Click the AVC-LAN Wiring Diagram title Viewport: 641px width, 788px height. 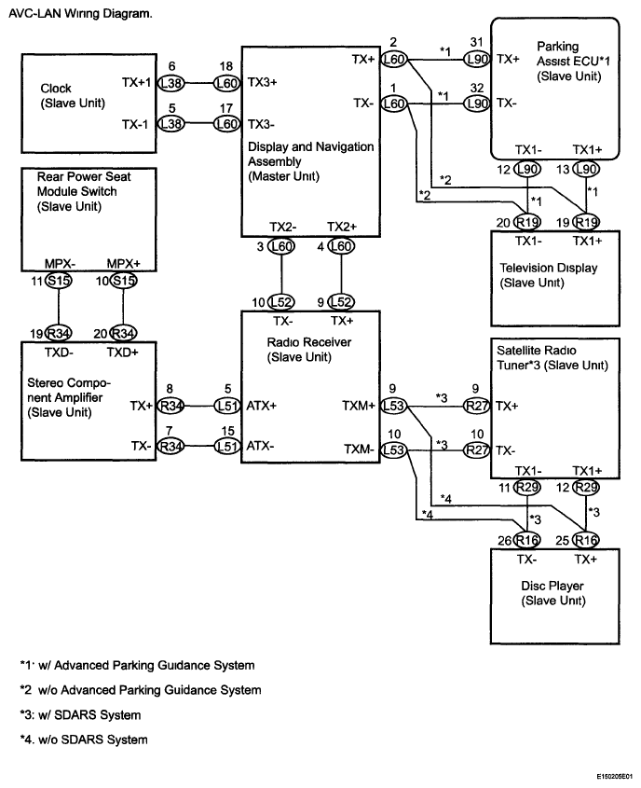point(80,14)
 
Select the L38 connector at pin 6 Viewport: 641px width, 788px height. point(171,83)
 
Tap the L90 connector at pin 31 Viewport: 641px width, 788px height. point(476,60)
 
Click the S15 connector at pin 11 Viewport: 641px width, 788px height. point(58,281)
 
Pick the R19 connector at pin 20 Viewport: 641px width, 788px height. point(527,222)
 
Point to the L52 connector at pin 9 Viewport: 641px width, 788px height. point(341,302)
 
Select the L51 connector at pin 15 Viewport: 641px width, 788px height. point(227,446)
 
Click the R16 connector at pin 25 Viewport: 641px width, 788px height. point(586,540)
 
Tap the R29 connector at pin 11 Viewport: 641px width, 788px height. point(527,487)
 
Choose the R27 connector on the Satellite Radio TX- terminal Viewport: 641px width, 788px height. point(476,449)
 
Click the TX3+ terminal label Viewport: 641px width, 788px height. point(262,82)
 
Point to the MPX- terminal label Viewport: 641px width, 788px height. point(60,264)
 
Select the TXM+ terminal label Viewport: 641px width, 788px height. point(359,406)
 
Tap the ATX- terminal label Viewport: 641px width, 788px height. point(260,446)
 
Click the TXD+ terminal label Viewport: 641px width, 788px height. point(122,353)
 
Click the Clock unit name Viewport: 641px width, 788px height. point(56,89)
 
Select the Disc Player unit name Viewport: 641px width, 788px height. point(552,586)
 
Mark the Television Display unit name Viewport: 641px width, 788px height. point(548,268)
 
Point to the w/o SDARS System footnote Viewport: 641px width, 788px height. point(84,740)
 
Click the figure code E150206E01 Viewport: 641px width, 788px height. point(615,777)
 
